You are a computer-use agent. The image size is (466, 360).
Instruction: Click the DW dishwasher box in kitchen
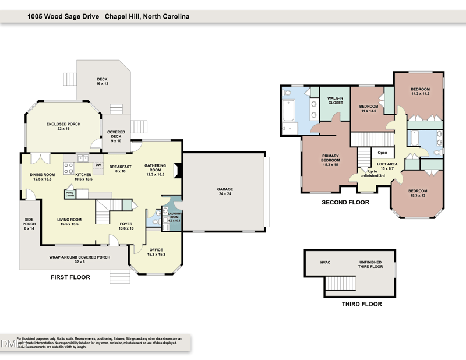(x=98, y=165)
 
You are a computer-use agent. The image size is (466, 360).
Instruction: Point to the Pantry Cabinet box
(x=70, y=194)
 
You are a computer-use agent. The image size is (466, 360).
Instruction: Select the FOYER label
(x=126, y=226)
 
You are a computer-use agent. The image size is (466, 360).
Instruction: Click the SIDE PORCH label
(x=29, y=223)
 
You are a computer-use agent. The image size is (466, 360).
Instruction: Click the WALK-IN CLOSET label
(x=335, y=101)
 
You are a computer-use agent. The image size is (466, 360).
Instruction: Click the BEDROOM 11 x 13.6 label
(x=368, y=108)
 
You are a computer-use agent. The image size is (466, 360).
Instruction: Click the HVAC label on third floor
(x=325, y=262)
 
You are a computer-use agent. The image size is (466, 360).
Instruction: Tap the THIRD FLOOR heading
(x=361, y=304)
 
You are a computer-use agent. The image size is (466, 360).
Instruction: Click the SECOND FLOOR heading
(x=345, y=203)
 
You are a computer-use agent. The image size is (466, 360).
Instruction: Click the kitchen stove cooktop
(x=68, y=167)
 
